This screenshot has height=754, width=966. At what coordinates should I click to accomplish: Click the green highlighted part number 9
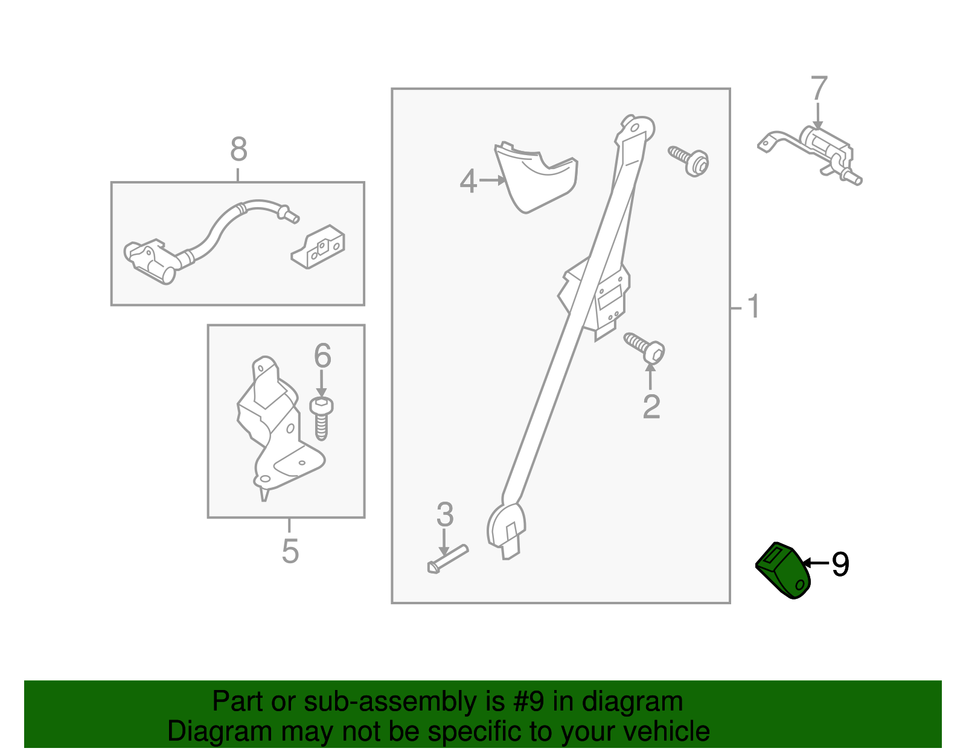tap(783, 570)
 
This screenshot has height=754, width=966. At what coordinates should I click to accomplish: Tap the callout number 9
tap(840, 564)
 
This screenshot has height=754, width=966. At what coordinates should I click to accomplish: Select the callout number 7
tap(819, 88)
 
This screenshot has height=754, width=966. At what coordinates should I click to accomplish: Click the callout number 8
tap(238, 149)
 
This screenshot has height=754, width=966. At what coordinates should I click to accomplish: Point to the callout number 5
tap(290, 551)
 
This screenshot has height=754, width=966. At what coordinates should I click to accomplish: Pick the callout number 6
tap(322, 356)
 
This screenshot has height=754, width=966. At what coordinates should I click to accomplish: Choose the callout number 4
tap(468, 181)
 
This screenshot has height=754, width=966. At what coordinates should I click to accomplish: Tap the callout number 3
tap(444, 514)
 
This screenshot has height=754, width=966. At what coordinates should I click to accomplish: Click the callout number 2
tap(651, 406)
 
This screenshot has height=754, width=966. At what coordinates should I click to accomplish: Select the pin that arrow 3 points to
tap(447, 560)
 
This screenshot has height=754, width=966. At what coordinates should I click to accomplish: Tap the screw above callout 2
tap(645, 348)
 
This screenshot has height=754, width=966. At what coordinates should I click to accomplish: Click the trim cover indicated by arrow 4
tap(536, 177)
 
